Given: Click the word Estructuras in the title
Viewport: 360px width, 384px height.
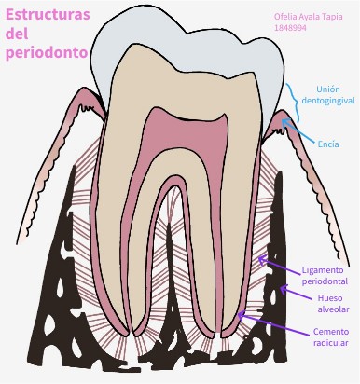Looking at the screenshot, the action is [46, 15].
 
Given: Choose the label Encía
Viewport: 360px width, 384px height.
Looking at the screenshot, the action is [327, 144].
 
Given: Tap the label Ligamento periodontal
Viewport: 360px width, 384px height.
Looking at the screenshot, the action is [325, 275].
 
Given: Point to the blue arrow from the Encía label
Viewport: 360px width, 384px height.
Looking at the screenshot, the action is [300, 132].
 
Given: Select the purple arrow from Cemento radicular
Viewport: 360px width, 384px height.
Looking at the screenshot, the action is [266, 322].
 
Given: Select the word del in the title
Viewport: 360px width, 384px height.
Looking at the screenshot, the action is [18, 34].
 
